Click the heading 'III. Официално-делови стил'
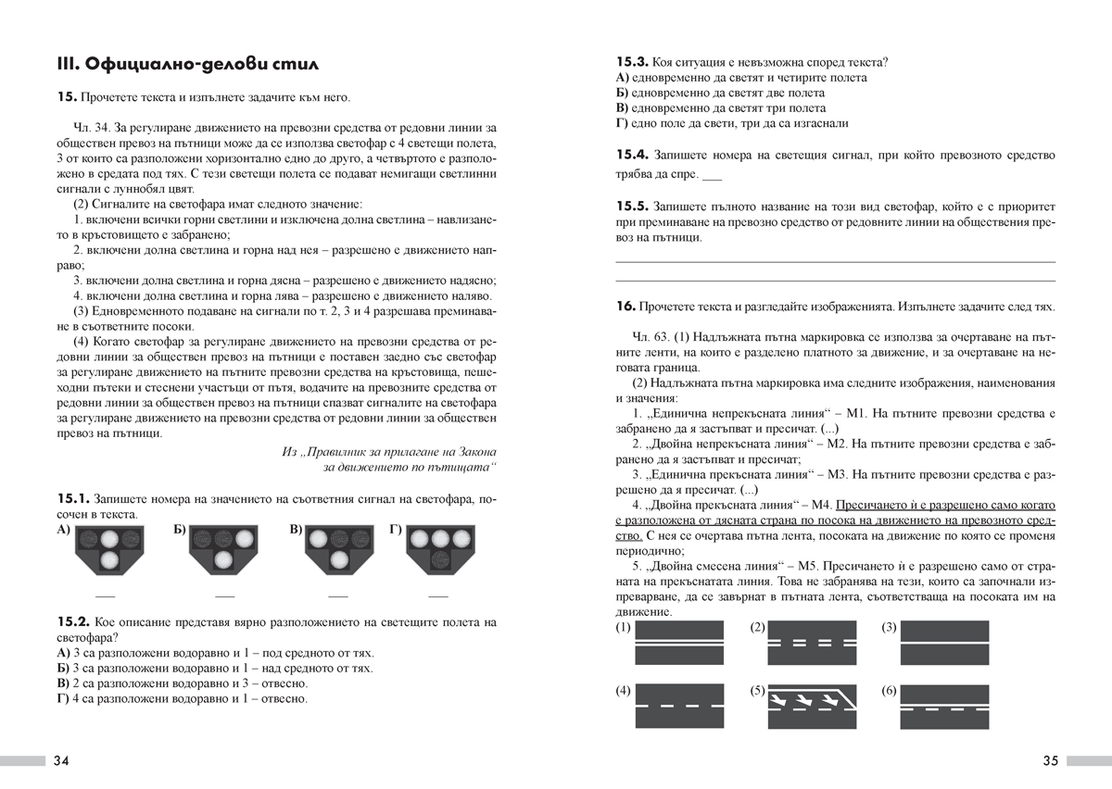pos(188,64)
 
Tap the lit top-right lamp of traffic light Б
pos(245,538)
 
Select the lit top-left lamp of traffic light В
pos(318,538)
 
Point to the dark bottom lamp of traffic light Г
pos(440,558)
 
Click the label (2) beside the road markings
pos(757,628)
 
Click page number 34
pos(61,761)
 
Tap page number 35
pos(1050,761)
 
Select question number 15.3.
pos(631,62)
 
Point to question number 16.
pos(624,306)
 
